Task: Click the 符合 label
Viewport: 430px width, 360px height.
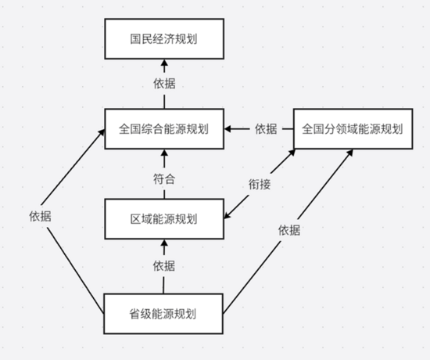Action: coord(164,178)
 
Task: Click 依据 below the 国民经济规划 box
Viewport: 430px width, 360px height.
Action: coord(164,84)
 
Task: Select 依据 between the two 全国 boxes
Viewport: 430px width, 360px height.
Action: coord(266,128)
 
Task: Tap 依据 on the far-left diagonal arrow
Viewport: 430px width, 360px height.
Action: coord(40,217)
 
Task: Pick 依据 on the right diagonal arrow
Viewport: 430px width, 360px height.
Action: coord(290,230)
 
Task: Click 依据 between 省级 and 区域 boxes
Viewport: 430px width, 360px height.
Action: coord(164,266)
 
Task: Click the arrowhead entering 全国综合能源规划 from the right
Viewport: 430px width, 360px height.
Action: coord(228,128)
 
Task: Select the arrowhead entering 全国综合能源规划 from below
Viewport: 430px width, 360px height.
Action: coord(164,152)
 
